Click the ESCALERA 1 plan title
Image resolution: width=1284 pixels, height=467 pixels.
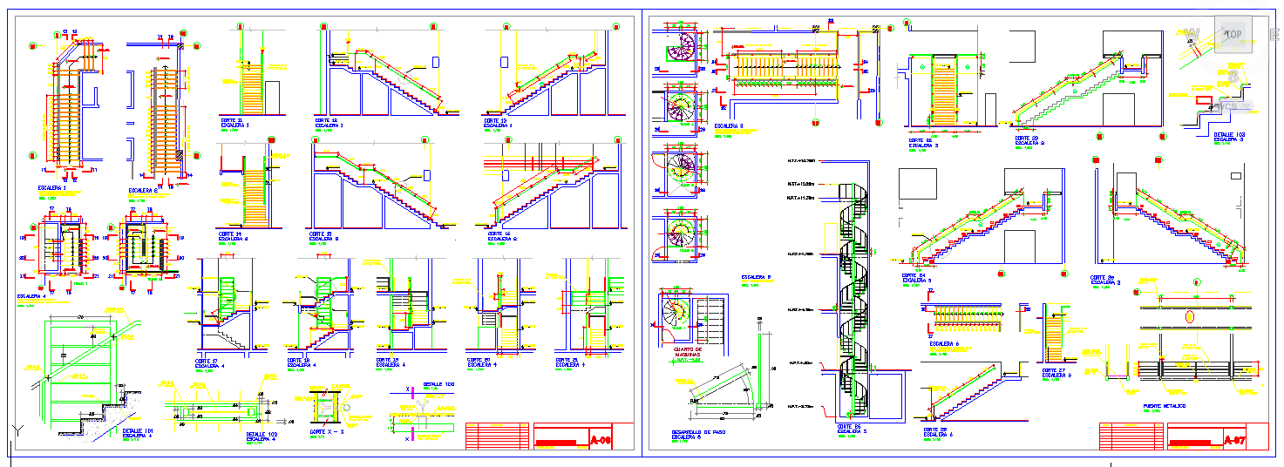click(x=52, y=187)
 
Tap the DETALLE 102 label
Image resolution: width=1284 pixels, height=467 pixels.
click(x=262, y=434)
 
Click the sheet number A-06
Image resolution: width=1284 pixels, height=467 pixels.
click(x=601, y=440)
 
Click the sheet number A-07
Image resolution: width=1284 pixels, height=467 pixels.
click(x=1235, y=440)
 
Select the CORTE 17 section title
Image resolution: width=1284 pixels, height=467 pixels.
click(x=207, y=361)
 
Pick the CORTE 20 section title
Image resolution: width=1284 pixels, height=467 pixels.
click(x=479, y=360)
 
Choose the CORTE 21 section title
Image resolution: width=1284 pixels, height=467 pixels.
click(x=569, y=360)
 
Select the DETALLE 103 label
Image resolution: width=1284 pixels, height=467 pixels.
click(x=1227, y=135)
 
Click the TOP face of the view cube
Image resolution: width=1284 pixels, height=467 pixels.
click(x=1233, y=34)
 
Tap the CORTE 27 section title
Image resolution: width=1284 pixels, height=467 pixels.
click(x=1055, y=370)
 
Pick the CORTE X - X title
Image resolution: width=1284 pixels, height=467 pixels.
click(x=328, y=430)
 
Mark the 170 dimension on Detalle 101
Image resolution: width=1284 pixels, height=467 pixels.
click(x=82, y=317)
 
